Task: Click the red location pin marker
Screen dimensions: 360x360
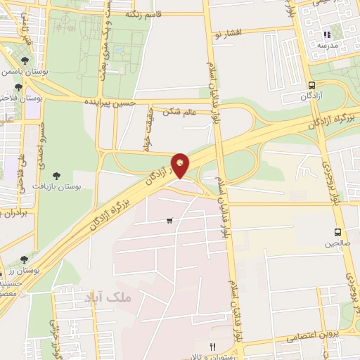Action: click(181, 165)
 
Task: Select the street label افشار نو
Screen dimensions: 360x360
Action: click(229, 33)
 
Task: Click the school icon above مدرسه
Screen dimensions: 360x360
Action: click(326, 34)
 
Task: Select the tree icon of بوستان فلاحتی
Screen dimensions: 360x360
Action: click(18, 87)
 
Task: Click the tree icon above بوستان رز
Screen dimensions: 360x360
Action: click(25, 259)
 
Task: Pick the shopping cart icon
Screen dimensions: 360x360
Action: click(169, 221)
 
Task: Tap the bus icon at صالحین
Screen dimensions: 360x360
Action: click(338, 232)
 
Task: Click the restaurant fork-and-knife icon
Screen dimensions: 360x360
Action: click(212, 346)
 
